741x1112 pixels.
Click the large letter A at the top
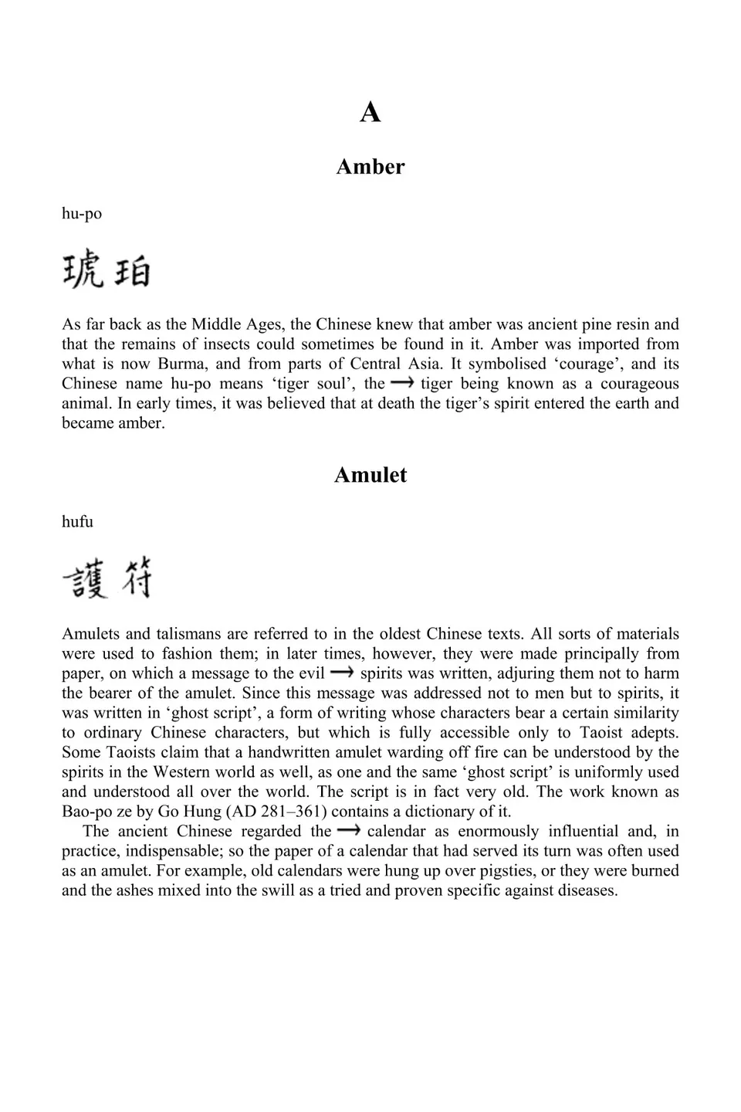[370, 113]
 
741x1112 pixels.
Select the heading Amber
[370, 167]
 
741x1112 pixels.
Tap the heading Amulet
[370, 475]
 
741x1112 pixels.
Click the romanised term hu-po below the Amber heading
[82, 214]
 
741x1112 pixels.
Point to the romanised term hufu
[77, 522]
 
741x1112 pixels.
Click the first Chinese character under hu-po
[83, 271]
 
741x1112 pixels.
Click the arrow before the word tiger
[402, 383]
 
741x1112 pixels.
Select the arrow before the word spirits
[342, 673]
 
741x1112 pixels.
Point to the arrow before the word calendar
[349, 831]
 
